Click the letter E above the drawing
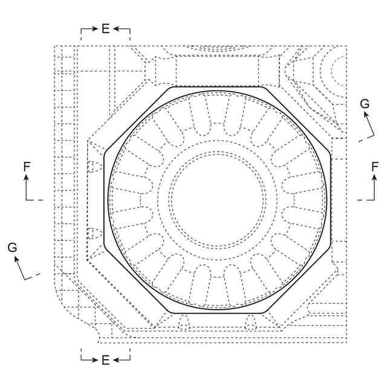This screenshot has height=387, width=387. pos(106,28)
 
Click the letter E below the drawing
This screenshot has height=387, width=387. pos(106,360)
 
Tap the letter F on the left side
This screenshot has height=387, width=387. pos(27,167)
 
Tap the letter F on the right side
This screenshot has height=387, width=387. pos(375,167)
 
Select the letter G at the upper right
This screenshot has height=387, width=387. pos(365,103)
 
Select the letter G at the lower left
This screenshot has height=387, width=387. pos(12,247)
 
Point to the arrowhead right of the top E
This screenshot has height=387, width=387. pos(117,29)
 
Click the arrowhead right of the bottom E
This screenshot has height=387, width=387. pos(117,360)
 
